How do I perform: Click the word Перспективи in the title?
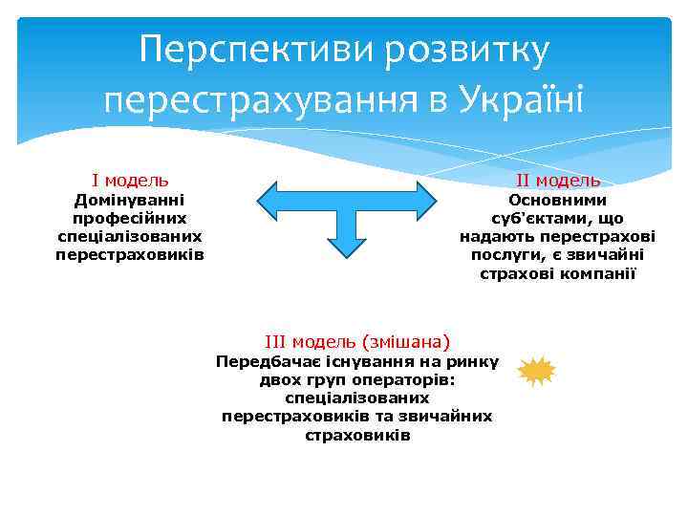tap(257, 51)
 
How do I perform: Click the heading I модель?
tap(130, 180)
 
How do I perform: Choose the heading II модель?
tap(558, 181)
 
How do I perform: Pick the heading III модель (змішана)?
tap(357, 341)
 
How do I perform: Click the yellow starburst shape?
tap(536, 371)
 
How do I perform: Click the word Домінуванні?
tap(130, 200)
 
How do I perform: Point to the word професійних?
tap(130, 218)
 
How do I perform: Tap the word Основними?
tap(557, 200)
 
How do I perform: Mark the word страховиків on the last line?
tap(357, 435)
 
